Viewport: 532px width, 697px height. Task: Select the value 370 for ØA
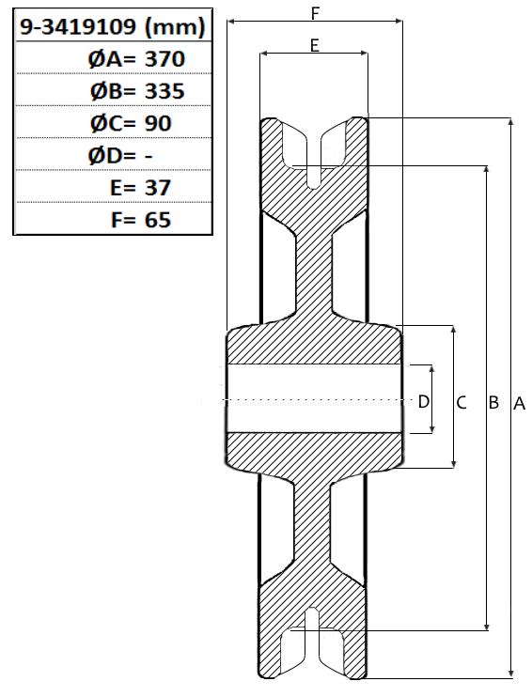coord(164,59)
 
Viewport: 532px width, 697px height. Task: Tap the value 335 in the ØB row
coord(164,91)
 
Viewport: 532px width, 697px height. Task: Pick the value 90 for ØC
coord(158,123)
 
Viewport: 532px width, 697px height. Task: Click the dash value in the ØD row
coord(149,156)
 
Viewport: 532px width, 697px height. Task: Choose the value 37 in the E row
coord(158,188)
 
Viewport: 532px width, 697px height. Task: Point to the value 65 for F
coord(158,220)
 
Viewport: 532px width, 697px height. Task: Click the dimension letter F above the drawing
coord(315,14)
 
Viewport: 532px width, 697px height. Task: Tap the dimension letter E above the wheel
coord(315,45)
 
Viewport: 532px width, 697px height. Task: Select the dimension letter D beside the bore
coord(424,402)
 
